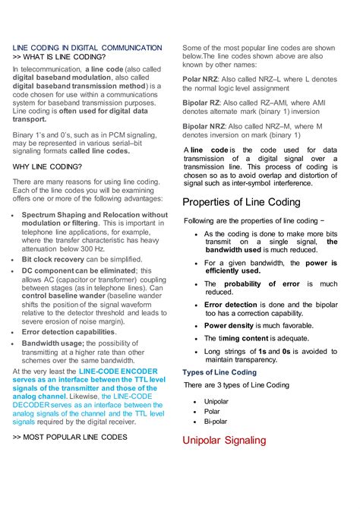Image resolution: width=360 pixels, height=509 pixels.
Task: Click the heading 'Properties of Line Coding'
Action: pyautogui.click(x=242, y=203)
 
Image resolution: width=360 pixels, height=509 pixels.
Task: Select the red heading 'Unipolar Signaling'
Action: pyautogui.click(x=224, y=440)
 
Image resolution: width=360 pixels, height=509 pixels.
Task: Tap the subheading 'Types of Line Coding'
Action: pyautogui.click(x=219, y=372)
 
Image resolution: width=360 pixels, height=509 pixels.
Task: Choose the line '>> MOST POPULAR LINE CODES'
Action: pyautogui.click(x=70, y=438)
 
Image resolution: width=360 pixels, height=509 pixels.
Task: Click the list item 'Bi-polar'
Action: pyautogui.click(x=216, y=420)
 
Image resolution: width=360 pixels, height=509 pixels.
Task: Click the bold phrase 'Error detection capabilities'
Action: pyautogui.click(x=68, y=332)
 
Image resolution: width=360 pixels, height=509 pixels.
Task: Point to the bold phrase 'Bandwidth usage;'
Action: pyautogui.click(x=52, y=343)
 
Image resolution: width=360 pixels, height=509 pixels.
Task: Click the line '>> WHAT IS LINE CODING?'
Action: pyautogui.click(x=59, y=57)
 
